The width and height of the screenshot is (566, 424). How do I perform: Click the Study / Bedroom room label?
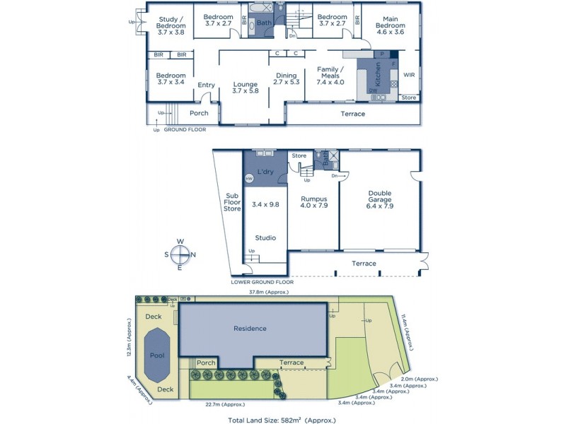[x=171, y=26]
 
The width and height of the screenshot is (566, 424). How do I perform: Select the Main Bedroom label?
[x=391, y=26]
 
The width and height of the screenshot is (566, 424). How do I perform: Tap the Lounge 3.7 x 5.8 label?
[x=246, y=88]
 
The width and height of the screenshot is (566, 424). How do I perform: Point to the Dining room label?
[x=286, y=78]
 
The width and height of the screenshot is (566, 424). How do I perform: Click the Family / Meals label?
[x=330, y=75]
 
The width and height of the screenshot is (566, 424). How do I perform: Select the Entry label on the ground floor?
[x=206, y=86]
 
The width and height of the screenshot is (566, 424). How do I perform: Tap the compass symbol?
[x=180, y=254]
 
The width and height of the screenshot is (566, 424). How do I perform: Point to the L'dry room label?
[x=265, y=172]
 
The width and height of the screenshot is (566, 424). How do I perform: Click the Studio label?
[x=265, y=238]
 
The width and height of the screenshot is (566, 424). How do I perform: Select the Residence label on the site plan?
[x=250, y=329]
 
